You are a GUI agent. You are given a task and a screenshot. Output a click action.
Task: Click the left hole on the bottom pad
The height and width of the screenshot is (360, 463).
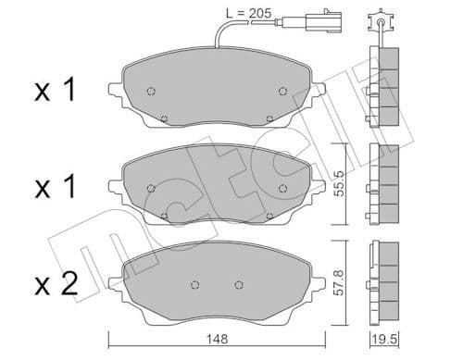coord(194,283)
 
